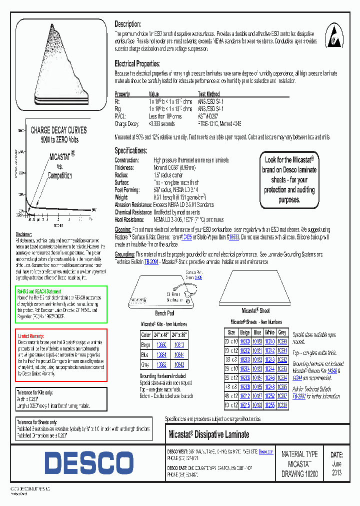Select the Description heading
click(x=128, y=24)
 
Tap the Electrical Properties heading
click(x=137, y=64)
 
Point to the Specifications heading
click(x=130, y=150)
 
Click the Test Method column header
click(x=208, y=94)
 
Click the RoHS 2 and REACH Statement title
click(x=39, y=291)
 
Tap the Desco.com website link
click(x=265, y=451)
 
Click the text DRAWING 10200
click(x=299, y=473)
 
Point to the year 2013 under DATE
click(x=337, y=472)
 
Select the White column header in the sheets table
click(x=270, y=332)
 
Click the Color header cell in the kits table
click(x=146, y=335)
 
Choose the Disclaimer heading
click(x=23, y=234)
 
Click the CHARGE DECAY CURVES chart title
click(x=58, y=130)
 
